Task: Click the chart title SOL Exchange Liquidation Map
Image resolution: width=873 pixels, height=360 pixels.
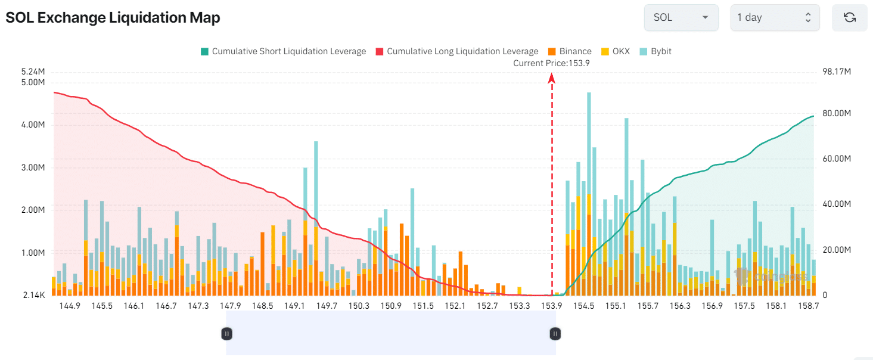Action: coord(113,17)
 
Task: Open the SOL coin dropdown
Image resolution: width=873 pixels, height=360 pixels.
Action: coord(681,17)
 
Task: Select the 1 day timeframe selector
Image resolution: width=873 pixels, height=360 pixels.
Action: coord(775,17)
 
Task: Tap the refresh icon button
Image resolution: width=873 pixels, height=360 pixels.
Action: coord(850,17)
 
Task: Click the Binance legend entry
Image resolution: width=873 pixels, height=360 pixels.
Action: coord(570,51)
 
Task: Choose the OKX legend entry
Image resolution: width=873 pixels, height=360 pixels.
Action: coord(616,51)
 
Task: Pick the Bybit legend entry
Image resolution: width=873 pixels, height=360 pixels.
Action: coord(655,51)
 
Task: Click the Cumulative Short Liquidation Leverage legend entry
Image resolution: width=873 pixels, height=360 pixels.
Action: coord(283,51)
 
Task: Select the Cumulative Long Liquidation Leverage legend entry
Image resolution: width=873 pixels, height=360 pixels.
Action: coord(457,51)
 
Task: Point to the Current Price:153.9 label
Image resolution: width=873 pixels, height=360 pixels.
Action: coord(551,63)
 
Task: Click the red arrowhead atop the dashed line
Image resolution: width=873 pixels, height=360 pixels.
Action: coord(551,78)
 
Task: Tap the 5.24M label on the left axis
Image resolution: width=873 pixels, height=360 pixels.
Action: coord(33,72)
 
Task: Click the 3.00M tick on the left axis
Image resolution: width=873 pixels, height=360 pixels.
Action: coord(33,167)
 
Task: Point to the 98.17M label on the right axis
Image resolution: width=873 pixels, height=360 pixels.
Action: coord(837,72)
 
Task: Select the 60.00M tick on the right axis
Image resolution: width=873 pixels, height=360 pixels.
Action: coord(837,159)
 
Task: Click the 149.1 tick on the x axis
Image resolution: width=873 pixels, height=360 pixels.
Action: coord(294,306)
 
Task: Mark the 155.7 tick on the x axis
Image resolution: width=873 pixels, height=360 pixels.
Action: coord(648,306)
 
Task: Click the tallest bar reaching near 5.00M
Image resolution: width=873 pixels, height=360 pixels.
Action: coord(589,194)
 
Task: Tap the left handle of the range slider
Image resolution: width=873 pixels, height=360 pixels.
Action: coord(227,334)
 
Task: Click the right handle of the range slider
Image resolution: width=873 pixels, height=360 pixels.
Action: coord(555,334)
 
